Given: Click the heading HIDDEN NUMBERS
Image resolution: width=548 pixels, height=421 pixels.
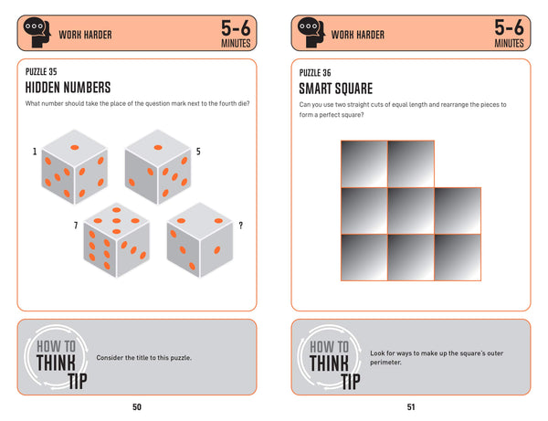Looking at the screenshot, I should [x=68, y=88].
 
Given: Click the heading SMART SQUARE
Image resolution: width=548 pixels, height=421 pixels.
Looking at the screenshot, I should [x=337, y=88].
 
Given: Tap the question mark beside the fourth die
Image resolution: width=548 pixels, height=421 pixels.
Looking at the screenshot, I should [x=239, y=226].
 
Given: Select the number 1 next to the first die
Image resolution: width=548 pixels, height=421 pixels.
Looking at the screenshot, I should [x=35, y=151].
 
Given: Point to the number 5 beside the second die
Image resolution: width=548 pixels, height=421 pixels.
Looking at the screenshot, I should [x=198, y=151].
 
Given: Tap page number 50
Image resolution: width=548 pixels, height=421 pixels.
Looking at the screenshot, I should [x=136, y=406].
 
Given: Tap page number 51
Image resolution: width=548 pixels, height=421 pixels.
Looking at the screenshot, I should [x=410, y=406].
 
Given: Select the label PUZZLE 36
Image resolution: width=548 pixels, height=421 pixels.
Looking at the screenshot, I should [x=316, y=71].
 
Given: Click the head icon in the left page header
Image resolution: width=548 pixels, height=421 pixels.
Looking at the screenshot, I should [x=35, y=34].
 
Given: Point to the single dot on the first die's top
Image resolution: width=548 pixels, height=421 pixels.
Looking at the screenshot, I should [x=76, y=146].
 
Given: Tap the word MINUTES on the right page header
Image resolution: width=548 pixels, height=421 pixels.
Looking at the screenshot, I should [x=509, y=42].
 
